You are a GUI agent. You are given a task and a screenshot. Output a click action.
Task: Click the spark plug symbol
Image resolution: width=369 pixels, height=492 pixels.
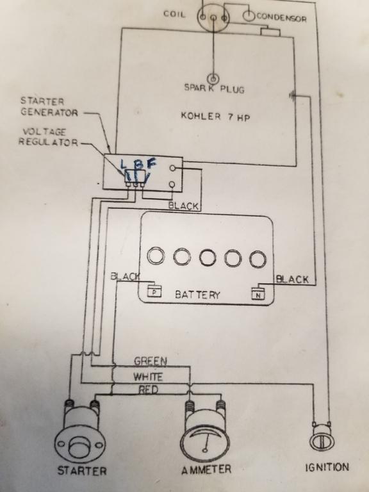pos(213,78)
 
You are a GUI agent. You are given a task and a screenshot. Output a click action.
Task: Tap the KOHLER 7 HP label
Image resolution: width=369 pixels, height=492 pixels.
pos(215,117)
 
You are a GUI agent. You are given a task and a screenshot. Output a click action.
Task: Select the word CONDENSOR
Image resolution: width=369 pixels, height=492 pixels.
pos(281,18)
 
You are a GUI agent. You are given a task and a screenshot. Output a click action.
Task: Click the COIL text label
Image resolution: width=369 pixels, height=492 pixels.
pos(174,14)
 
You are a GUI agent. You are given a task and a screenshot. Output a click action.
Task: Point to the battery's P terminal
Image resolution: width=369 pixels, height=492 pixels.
pos(154,291)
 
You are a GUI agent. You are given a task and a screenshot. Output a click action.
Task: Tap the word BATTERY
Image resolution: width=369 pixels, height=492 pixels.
pos(197,295)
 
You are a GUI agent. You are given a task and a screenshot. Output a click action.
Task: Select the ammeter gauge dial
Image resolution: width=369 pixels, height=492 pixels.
pos(205,439)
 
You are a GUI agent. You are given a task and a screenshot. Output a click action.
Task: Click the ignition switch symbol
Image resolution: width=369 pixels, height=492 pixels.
pos(322,438)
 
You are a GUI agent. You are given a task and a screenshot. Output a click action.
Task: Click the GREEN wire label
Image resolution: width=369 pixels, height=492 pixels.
pos(151,361)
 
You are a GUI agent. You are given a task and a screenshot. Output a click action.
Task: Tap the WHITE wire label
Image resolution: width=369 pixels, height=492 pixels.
pos(148,377)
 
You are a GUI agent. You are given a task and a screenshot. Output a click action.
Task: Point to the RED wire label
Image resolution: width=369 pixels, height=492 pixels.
pos(149,390)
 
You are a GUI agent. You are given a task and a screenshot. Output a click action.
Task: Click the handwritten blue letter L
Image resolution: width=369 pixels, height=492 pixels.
pos(124,164)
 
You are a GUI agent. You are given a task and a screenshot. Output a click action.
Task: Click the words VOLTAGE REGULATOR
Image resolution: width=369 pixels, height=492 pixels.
pos(48,137)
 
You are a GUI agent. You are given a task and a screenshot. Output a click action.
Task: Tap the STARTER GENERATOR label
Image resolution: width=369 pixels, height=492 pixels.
pos(49,107)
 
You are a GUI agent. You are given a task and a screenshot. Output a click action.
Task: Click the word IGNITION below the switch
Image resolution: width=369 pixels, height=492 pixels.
pos(327,467)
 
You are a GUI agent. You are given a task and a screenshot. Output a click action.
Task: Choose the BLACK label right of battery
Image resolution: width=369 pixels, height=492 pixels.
pos(292,279)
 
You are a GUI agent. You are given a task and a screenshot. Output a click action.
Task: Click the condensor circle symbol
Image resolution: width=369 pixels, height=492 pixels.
pos(248,16)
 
